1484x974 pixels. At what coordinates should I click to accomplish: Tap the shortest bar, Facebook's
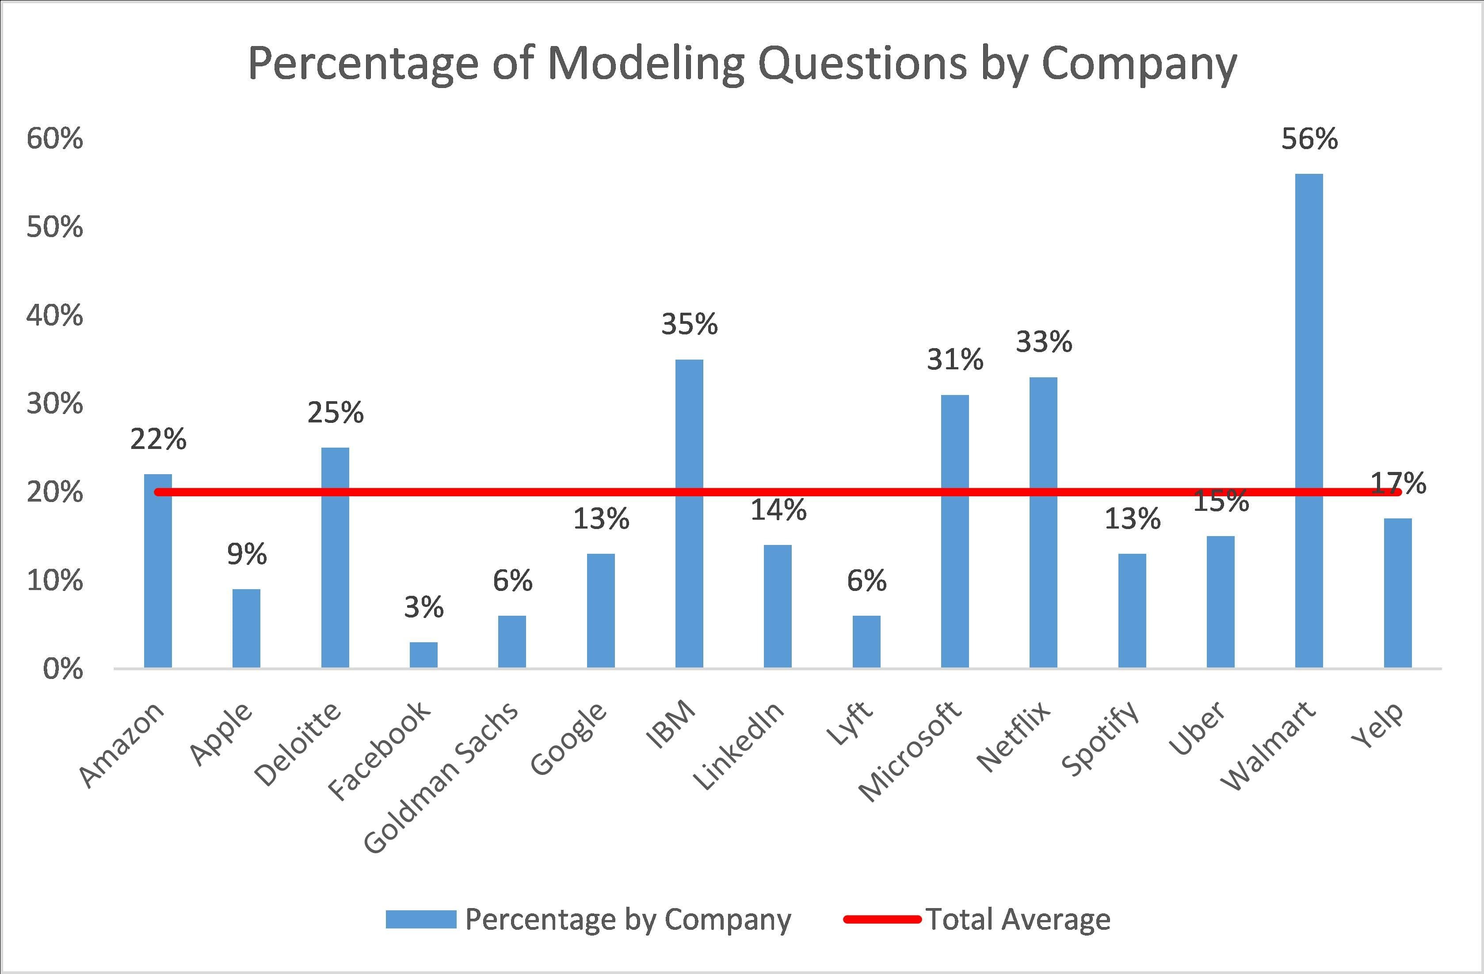[x=423, y=655]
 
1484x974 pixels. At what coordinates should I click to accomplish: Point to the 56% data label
[x=1309, y=138]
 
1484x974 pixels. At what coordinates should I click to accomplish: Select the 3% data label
[x=423, y=607]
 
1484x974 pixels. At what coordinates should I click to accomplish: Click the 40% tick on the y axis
[x=54, y=316]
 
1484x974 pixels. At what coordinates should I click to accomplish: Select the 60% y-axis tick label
[x=54, y=138]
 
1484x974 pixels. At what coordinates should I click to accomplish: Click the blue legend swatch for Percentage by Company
[x=421, y=919]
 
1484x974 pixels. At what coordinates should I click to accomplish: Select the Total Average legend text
[x=1018, y=919]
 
